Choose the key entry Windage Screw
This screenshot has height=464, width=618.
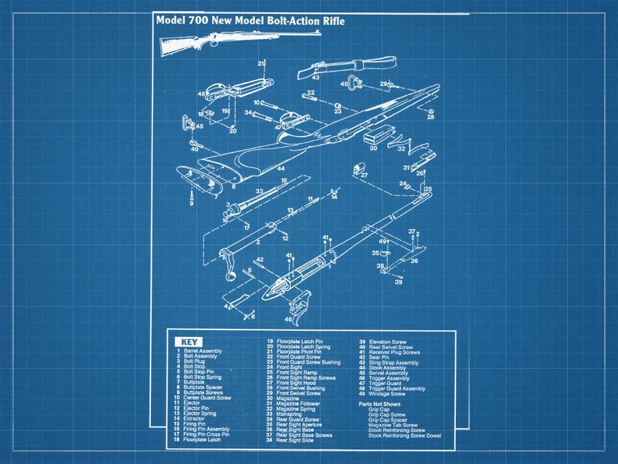[x=392, y=393]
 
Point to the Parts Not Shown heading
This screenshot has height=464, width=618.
[x=380, y=404]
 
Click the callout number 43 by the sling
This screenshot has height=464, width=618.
[x=315, y=78]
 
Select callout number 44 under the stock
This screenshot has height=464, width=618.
[x=281, y=169]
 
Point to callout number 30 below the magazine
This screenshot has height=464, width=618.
[x=373, y=148]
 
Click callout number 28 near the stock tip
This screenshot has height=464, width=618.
[x=430, y=117]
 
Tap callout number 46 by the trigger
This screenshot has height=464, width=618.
[x=288, y=319]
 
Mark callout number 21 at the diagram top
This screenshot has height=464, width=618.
[x=261, y=63]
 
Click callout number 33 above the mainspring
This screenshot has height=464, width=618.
[x=258, y=191]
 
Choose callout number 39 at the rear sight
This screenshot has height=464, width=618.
[x=398, y=282]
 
